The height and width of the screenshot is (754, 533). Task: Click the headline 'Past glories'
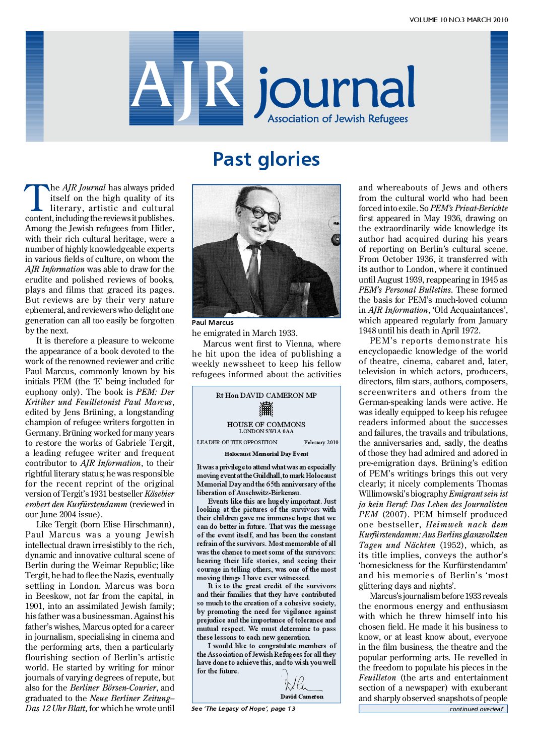(x=266, y=159)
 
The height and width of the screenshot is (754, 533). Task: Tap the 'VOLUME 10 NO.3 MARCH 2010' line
(x=458, y=20)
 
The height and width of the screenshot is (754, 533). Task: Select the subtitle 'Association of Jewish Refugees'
(x=338, y=119)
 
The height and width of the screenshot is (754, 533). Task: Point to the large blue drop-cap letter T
(x=36, y=197)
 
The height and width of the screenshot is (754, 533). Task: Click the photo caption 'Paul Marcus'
(x=213, y=322)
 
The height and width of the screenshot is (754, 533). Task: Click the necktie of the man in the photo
(x=253, y=272)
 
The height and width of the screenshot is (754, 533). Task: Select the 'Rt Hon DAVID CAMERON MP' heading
(x=266, y=395)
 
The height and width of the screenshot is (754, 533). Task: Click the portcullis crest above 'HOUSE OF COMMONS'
(x=266, y=409)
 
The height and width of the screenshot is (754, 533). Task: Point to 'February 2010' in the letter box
(x=321, y=442)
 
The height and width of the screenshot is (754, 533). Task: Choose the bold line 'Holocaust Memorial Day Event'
(x=266, y=454)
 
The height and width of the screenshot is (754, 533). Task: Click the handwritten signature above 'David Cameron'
(x=297, y=683)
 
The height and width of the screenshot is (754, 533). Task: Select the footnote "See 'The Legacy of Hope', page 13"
(x=243, y=709)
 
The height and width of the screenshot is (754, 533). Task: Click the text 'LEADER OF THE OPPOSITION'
(x=237, y=442)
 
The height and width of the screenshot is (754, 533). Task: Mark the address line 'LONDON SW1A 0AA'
(x=266, y=432)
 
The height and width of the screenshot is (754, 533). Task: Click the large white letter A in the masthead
(x=153, y=83)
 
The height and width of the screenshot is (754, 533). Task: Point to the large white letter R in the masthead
(x=220, y=83)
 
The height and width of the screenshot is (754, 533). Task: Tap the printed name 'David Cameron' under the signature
(x=302, y=697)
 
